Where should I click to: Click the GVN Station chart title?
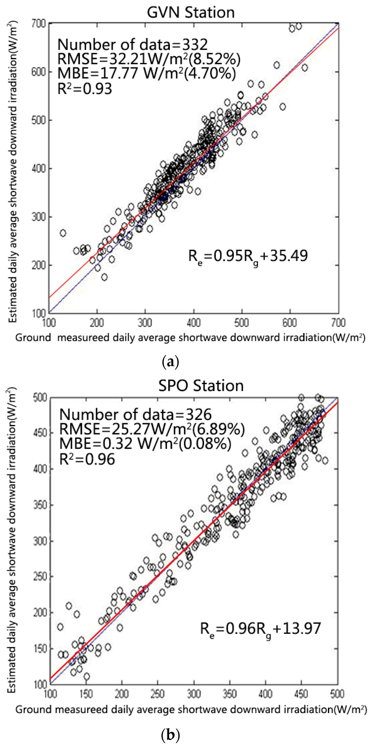pyautogui.click(x=191, y=12)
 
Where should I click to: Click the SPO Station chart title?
pyautogui.click(x=201, y=386)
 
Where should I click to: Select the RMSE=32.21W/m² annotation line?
pyautogui.click(x=148, y=59)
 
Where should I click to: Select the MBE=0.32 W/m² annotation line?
pyautogui.click(x=145, y=444)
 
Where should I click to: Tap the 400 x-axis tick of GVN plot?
pyautogui.click(x=194, y=323)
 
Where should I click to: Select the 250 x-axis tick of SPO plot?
pyautogui.click(x=157, y=694)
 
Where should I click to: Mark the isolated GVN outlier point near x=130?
pyautogui.click(x=63, y=233)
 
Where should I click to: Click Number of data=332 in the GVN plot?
pyautogui.click(x=132, y=45)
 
